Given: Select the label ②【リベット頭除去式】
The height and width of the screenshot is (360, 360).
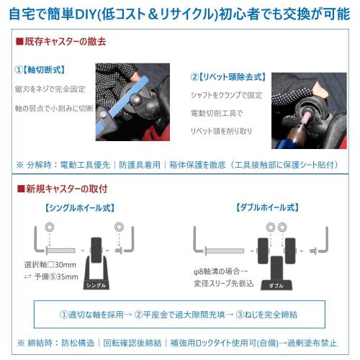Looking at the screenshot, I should coord(228,77).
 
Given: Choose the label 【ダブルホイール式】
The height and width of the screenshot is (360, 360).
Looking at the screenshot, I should coord(266,207).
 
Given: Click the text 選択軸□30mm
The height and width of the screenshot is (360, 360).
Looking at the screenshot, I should coord(50,264).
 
